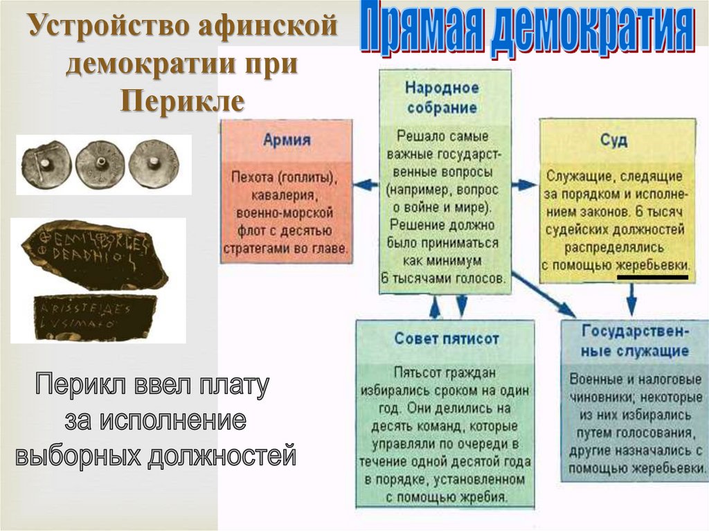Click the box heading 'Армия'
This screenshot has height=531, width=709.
pos(287,141)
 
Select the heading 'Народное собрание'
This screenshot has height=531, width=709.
pos(442,98)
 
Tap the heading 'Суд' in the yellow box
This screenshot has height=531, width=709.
pos(614,141)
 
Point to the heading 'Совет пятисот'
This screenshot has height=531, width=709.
pos(447,339)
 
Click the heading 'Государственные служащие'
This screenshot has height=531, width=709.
pos(635,340)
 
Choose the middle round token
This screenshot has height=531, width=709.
pos(100,164)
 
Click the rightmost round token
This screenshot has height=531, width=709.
pos(154,163)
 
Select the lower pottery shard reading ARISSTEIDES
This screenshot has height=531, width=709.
pos(94,316)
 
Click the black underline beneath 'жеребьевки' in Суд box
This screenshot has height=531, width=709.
pos(652,277)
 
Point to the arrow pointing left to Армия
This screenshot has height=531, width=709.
pos(365,185)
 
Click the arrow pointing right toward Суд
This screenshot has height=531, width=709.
pos(525,185)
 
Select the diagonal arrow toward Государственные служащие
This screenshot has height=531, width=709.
pos(546,295)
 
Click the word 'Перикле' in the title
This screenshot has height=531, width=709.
pos(183,101)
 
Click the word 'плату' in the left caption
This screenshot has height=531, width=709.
pos(234,385)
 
